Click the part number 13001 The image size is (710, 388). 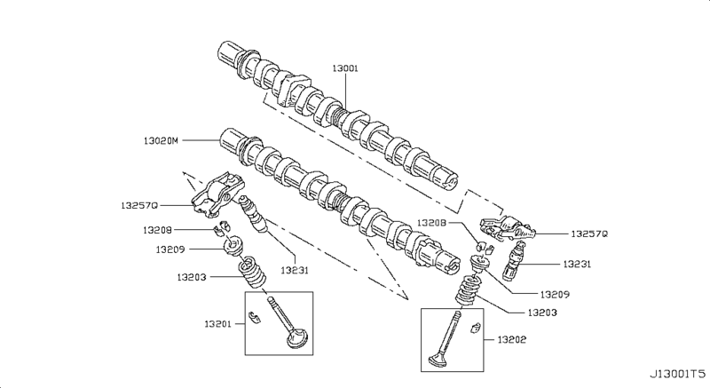point(345,68)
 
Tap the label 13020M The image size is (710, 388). point(160,140)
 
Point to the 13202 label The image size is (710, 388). point(512,338)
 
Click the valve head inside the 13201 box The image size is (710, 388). point(296,340)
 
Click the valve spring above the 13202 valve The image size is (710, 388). point(467,289)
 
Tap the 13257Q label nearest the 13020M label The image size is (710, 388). point(138,204)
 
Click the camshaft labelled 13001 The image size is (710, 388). point(346,111)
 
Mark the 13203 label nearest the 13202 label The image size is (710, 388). point(541,313)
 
